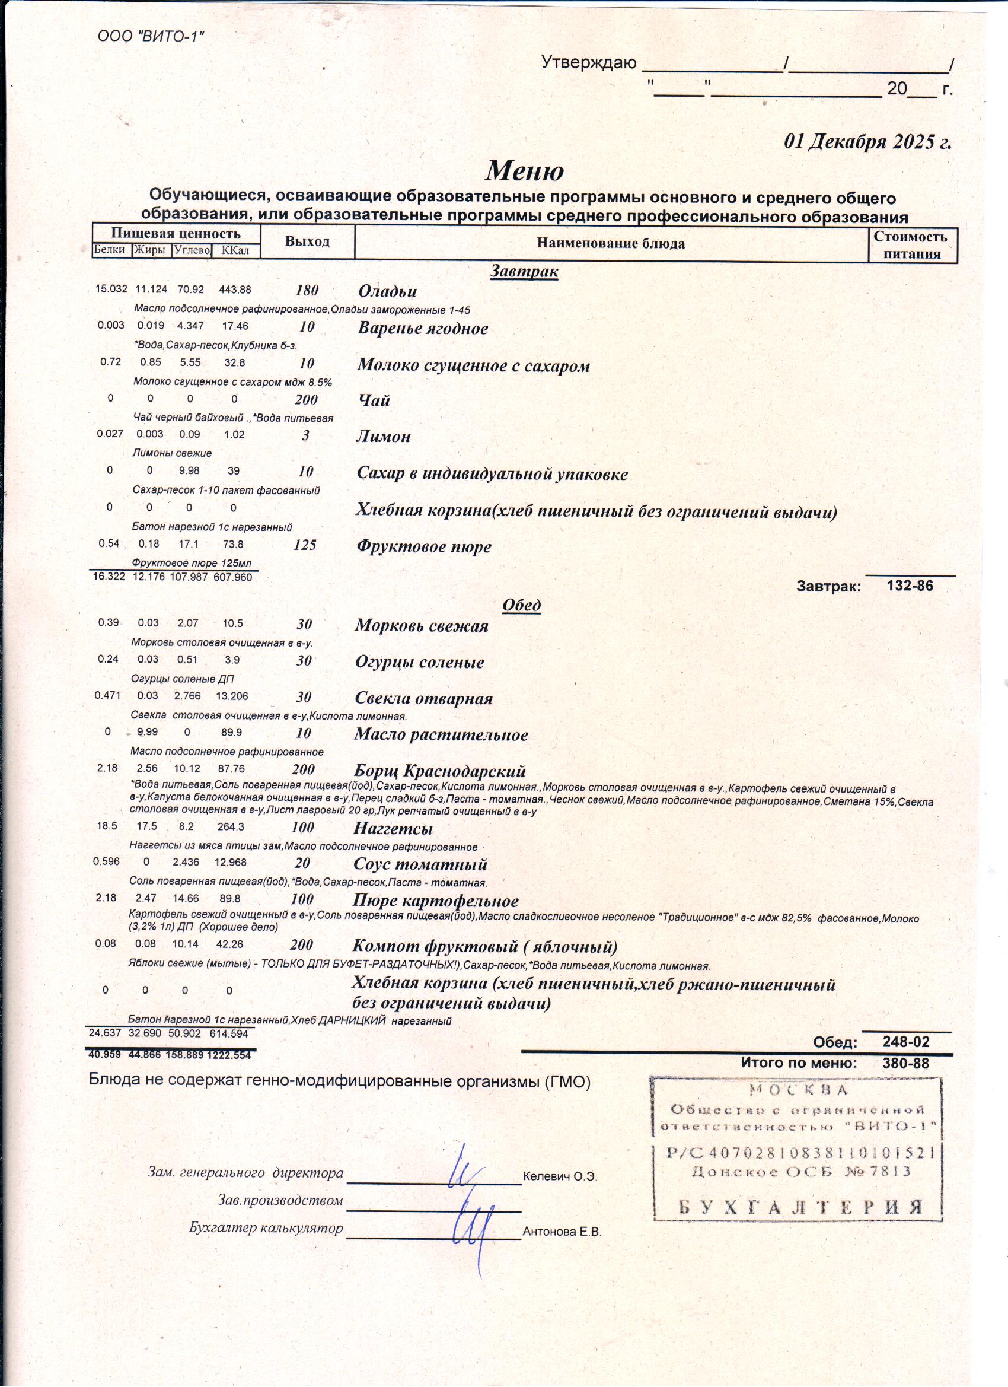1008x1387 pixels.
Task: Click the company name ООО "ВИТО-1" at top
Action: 150,36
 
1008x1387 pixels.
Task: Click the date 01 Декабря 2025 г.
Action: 867,142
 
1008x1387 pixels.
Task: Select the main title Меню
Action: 524,171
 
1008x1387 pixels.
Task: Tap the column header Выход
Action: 307,241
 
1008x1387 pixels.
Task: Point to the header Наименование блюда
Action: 610,243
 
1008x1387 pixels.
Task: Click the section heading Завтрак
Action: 524,271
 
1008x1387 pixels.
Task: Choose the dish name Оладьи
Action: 387,291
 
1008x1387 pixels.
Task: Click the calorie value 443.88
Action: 235,290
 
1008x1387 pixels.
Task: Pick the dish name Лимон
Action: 383,437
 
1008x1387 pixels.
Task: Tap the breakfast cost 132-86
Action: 910,586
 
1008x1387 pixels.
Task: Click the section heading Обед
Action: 521,605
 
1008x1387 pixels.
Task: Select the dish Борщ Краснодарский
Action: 439,771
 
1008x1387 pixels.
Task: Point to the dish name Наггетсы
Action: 393,829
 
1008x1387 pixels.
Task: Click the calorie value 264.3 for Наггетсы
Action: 231,827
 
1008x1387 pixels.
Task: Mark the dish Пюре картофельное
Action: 435,901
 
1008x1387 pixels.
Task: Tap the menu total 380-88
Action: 905,1064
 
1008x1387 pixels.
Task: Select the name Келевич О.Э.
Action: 559,1176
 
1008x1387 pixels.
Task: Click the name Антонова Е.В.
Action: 562,1232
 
